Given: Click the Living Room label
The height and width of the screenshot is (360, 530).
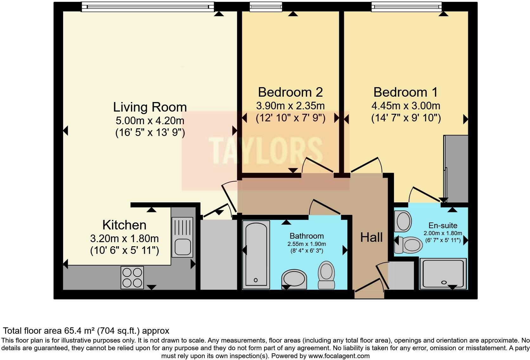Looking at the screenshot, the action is tap(150, 107).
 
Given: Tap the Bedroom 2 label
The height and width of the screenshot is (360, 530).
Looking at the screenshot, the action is tap(290, 92).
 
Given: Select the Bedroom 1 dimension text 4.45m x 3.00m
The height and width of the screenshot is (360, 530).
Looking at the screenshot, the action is tap(406, 106).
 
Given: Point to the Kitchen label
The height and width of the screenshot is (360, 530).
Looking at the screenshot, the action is tap(125, 225).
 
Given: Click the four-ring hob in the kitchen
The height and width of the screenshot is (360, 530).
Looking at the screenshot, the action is tap(132, 278).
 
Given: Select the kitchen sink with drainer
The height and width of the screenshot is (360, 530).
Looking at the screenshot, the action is tap(182, 237).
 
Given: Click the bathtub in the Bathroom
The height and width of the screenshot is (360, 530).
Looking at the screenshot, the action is tap(256, 255).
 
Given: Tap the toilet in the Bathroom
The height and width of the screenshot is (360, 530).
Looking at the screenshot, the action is tap(326, 275).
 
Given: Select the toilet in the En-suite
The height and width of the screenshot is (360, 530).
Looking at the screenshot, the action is tap(408, 245).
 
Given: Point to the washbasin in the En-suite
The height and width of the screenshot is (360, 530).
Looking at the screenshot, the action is tap(403, 222).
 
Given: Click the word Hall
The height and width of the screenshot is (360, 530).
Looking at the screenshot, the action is tap(371, 237).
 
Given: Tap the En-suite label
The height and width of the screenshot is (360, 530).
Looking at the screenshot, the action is tap(443, 225).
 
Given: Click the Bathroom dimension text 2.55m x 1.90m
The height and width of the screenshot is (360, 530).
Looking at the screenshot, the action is tap(307, 244).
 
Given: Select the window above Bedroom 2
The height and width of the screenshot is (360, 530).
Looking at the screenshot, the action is tap(266, 7).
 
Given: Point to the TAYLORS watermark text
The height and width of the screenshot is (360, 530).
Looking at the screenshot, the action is tap(265, 151).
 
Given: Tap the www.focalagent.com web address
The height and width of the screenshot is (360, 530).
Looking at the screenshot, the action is tap(339, 356).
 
